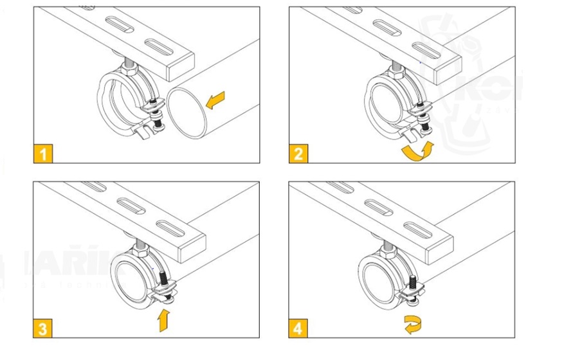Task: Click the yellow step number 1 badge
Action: (x=43, y=154)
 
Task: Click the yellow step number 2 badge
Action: (x=298, y=154)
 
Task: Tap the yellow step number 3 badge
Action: (x=43, y=329)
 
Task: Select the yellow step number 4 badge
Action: (x=298, y=329)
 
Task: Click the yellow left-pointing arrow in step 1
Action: (x=215, y=100)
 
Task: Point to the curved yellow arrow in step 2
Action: (x=415, y=151)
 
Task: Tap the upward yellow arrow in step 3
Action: (x=165, y=319)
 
